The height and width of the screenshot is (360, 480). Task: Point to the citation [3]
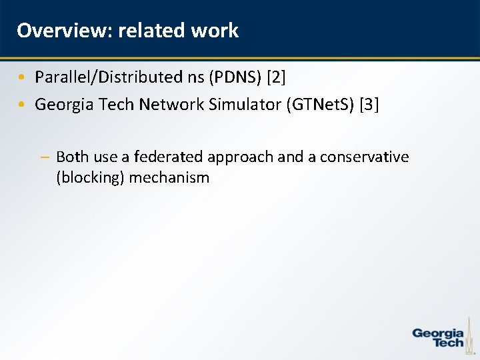coord(369,104)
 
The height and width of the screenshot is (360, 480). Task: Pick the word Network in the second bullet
coord(169,104)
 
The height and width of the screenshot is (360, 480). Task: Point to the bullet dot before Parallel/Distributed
coord(22,77)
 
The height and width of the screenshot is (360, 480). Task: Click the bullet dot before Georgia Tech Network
coord(22,105)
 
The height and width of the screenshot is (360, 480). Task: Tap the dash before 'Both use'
coord(44,157)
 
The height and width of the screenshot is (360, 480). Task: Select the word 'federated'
coord(169,157)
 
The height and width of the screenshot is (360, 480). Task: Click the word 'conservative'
coord(364,157)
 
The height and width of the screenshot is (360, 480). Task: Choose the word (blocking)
coord(91,178)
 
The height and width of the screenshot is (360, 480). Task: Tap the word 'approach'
coord(241,157)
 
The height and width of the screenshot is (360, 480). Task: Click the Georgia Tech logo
coord(439,337)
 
